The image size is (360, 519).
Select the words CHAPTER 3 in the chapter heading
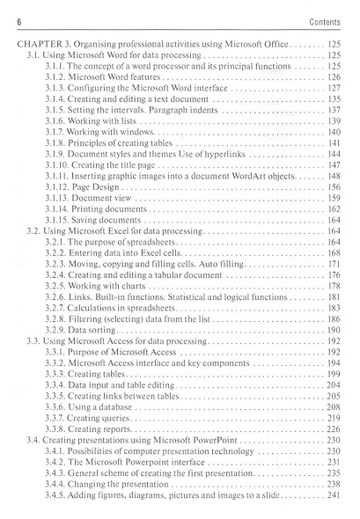[x=41, y=42]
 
